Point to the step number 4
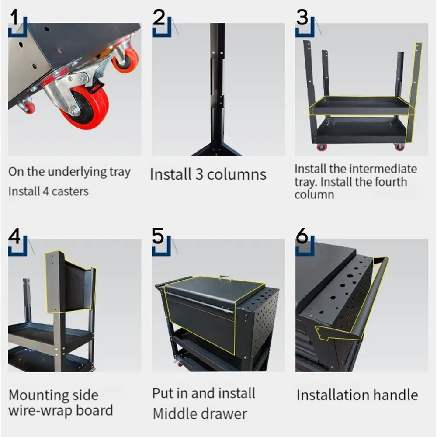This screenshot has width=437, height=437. coord(14,236)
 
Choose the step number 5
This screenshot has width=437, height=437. coord(158,236)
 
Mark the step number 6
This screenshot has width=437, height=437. coord(302,236)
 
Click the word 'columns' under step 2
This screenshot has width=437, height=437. coord(236,174)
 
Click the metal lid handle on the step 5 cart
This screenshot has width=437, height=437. coord(225,277)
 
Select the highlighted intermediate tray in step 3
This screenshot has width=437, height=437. coord(361,106)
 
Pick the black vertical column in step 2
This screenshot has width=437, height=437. coord(217,89)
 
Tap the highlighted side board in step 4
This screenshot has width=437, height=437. coord(70,281)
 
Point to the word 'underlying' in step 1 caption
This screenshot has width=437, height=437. coord(77,172)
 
